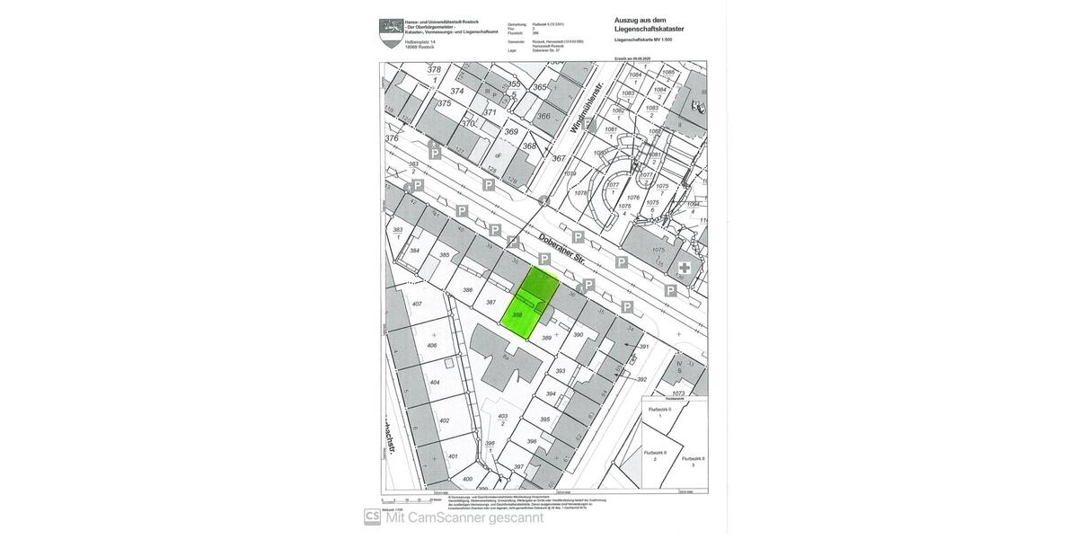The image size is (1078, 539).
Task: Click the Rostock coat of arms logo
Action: tap(391, 32)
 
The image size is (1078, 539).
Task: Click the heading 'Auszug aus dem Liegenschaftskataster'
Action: tap(649, 24)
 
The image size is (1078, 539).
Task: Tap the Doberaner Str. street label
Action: tap(562, 249)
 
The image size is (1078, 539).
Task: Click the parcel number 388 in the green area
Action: tap(517, 315)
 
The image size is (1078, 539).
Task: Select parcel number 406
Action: tap(432, 346)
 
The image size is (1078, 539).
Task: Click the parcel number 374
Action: tap(457, 91)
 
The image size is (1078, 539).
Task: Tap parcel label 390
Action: tap(579, 335)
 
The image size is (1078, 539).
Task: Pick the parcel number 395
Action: tap(544, 420)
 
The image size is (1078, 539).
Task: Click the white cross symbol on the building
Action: tap(685, 268)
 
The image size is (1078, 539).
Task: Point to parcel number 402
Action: tap(444, 420)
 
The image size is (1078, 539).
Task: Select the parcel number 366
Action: tap(543, 116)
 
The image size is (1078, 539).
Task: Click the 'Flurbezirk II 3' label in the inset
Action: tap(693, 461)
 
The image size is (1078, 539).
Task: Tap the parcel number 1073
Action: tap(678, 393)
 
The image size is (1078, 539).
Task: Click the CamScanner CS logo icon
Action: tap(372, 517)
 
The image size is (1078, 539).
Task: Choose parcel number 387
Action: tap(490, 303)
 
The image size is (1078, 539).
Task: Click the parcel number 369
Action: tap(511, 132)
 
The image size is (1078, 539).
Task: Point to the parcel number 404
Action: tap(435, 383)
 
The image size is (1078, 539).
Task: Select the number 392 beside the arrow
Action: tap(641, 379)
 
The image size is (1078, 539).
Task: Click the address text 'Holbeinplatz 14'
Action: tap(420, 42)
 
